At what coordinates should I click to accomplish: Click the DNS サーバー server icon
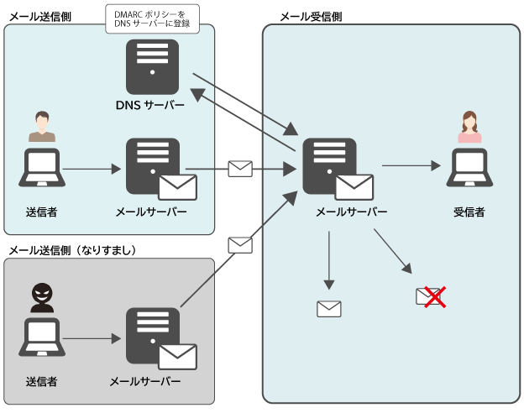152,67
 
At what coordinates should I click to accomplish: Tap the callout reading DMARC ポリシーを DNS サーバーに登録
152,18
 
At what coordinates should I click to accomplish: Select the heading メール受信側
311,17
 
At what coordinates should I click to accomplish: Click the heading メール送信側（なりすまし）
72,250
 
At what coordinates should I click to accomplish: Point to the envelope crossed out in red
431,296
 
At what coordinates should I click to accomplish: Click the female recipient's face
469,123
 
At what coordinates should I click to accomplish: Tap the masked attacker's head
42,294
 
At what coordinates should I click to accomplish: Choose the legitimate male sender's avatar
42,126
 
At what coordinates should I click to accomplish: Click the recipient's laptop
469,167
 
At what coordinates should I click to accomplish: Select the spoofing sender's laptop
42,337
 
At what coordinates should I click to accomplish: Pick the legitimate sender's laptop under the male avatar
42,167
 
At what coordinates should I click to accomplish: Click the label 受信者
469,212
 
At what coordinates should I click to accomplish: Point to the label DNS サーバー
150,105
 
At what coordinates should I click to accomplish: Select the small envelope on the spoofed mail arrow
240,245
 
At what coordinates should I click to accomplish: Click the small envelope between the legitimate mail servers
240,169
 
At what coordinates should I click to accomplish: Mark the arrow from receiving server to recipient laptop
411,165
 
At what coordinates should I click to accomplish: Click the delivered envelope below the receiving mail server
329,309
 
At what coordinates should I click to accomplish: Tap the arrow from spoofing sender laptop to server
92,339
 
